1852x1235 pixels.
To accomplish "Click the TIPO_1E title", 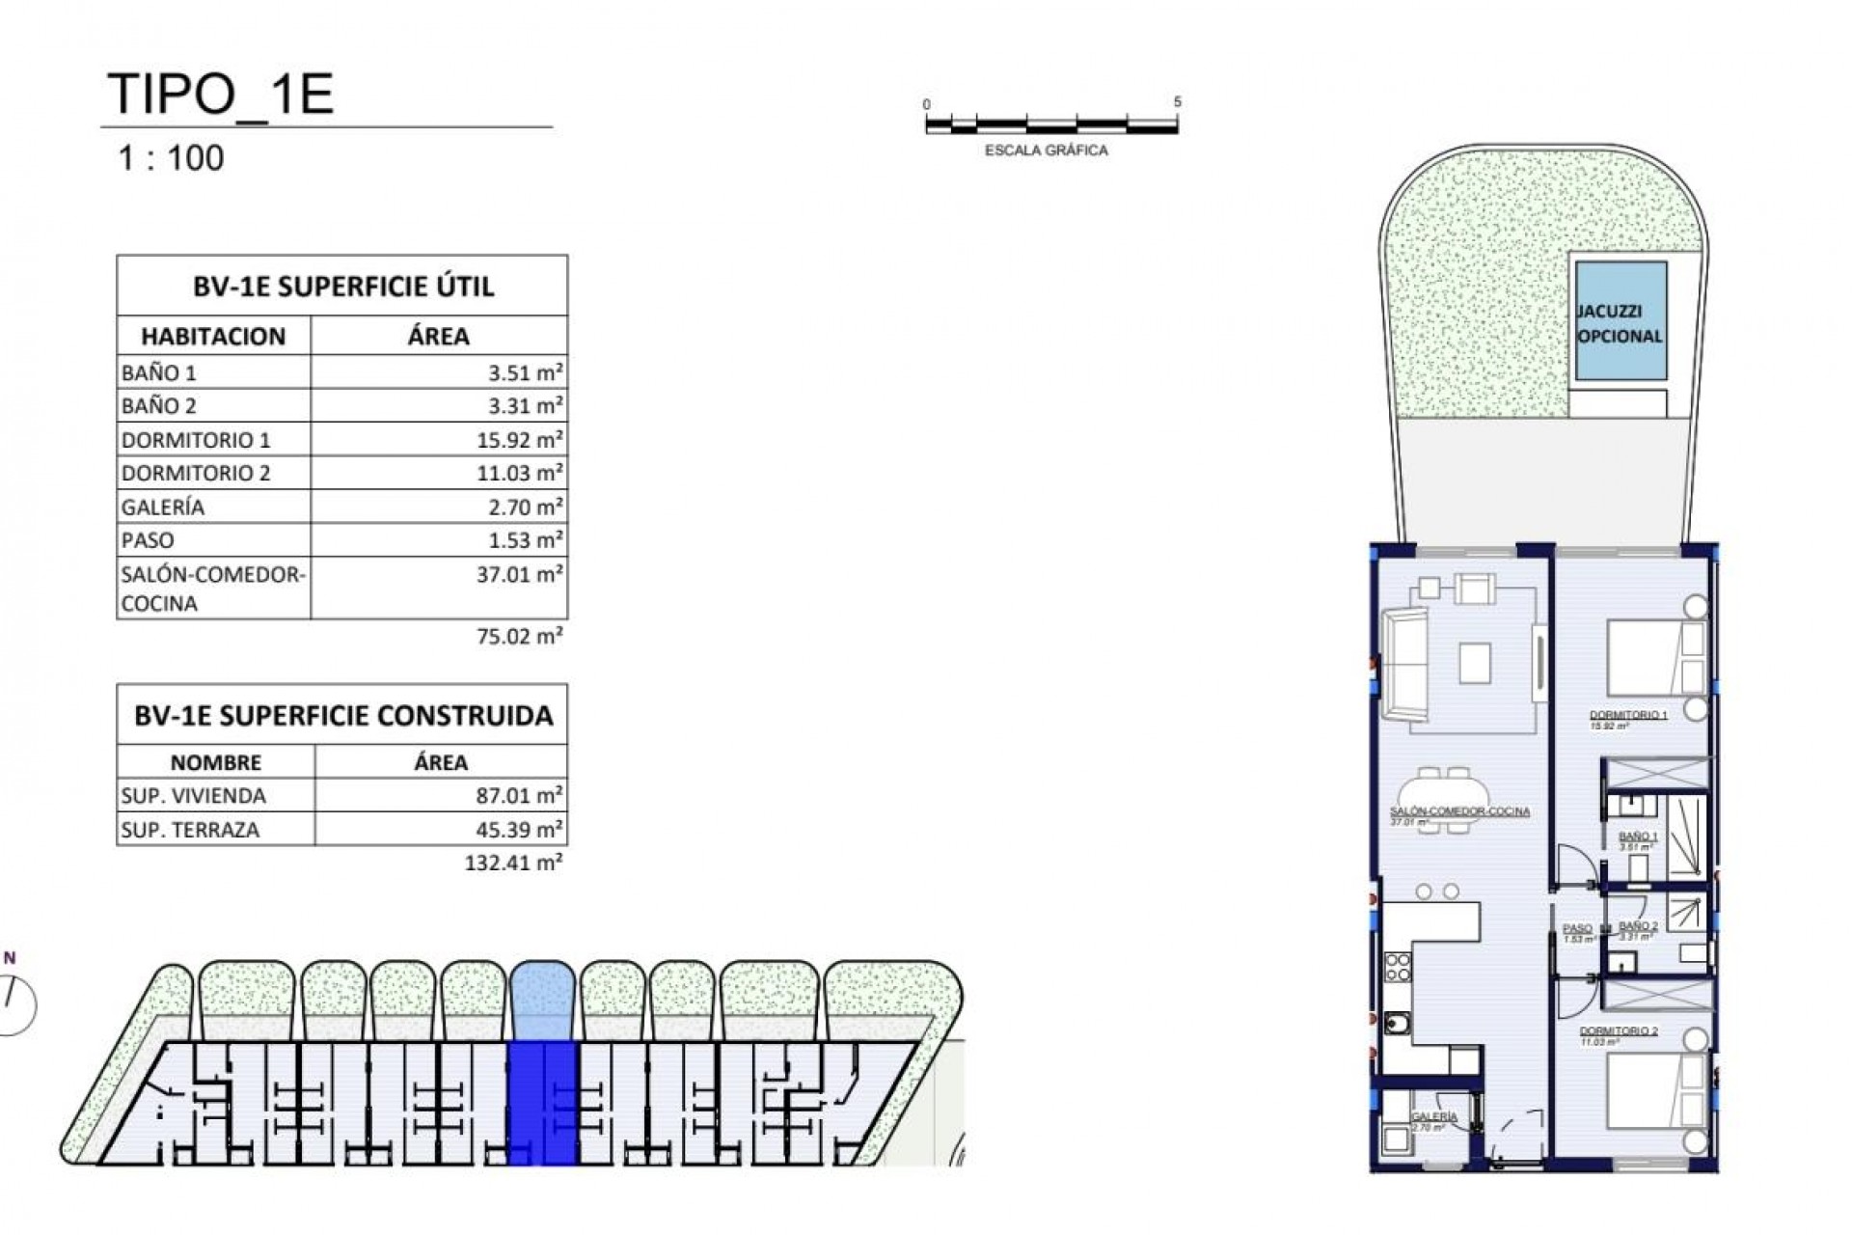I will tap(221, 95).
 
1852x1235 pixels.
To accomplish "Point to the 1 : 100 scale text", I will tap(171, 158).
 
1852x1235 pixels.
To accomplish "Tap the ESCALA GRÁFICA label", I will tap(1046, 151).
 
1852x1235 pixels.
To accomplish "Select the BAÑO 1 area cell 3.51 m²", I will tap(519, 372).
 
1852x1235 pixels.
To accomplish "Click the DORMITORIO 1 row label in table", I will tap(196, 440).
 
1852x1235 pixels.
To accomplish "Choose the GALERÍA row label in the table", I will tap(163, 507).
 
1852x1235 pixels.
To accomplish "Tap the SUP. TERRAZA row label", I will tap(190, 830).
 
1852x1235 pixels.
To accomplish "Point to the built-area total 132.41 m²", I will tap(513, 863).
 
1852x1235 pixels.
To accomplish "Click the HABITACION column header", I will tap(213, 337).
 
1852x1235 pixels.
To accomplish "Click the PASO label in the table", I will tap(148, 540).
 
